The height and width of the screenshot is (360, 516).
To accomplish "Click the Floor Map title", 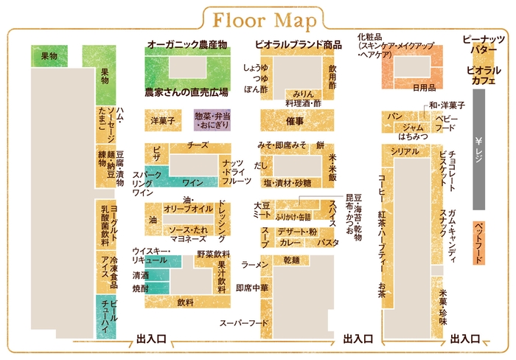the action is pyautogui.click(x=265, y=21).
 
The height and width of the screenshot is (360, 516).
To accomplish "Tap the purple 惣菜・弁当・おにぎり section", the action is pyautogui.click(x=212, y=120).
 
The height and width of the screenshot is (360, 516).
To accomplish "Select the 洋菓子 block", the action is pyautogui.click(x=163, y=120).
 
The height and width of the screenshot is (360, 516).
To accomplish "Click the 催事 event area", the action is pyautogui.click(x=297, y=120).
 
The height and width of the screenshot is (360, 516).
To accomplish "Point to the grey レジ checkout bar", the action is pyautogui.click(x=479, y=150).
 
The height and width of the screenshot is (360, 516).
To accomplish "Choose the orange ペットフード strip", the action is pyautogui.click(x=479, y=243).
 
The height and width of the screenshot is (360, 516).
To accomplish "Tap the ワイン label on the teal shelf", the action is pyautogui.click(x=192, y=182).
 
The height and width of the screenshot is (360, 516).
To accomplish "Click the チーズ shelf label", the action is pyautogui.click(x=198, y=145).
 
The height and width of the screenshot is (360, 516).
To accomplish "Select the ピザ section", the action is pyautogui.click(x=156, y=154).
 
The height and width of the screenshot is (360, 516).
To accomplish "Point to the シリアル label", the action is pyautogui.click(x=405, y=151).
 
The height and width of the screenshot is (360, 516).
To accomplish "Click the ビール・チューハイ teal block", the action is pyautogui.click(x=106, y=317).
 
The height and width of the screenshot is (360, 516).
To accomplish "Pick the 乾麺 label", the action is pyautogui.click(x=292, y=260).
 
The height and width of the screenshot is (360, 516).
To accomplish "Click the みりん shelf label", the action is pyautogui.click(x=304, y=94).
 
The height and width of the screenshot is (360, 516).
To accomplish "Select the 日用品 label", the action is pyautogui.click(x=424, y=88).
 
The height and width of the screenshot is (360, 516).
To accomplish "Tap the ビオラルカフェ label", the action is pyautogui.click(x=484, y=75).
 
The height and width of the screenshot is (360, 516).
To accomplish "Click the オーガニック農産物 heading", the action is pyautogui.click(x=187, y=44).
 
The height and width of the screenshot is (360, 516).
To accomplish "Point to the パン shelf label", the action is pyautogui.click(x=395, y=117).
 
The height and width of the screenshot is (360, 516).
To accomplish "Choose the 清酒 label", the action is pyautogui.click(x=141, y=275).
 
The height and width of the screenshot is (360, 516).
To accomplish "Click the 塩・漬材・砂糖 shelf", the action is pyautogui.click(x=287, y=183).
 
